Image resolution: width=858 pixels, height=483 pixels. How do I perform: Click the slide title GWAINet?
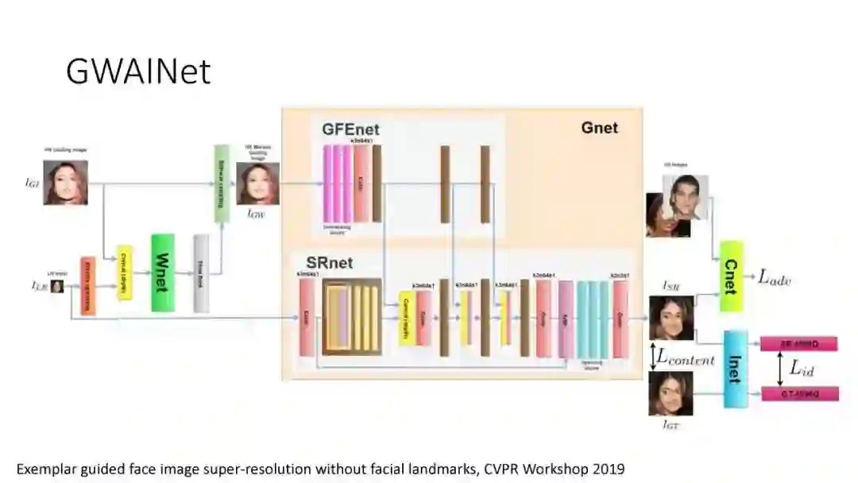tap(138, 71)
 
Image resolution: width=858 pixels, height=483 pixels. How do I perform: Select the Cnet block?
tap(731, 276)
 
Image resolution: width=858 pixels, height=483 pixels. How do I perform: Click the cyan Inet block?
tap(734, 369)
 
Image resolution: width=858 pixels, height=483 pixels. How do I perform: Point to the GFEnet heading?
tap(350, 129)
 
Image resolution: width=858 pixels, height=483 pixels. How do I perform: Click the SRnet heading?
tap(329, 262)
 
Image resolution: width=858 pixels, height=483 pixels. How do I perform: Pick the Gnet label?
tap(599, 127)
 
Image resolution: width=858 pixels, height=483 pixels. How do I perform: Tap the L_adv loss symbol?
tap(774, 277)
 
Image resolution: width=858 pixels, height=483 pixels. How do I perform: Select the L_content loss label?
tap(685, 358)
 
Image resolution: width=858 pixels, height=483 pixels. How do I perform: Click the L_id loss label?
tap(802, 369)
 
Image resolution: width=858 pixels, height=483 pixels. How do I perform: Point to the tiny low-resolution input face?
tap(57, 286)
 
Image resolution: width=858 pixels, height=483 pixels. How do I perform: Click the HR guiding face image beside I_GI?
tap(66, 182)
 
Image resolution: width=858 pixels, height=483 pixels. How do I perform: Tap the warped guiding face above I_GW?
tap(257, 184)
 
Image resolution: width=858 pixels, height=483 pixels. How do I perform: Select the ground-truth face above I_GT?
tap(671, 393)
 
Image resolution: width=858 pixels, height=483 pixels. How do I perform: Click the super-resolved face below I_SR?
tap(671, 318)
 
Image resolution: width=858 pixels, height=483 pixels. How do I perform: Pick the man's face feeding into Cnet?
tap(686, 197)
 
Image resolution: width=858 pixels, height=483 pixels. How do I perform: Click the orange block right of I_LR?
tap(87, 285)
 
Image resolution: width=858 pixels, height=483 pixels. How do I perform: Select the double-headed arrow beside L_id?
tap(779, 369)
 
